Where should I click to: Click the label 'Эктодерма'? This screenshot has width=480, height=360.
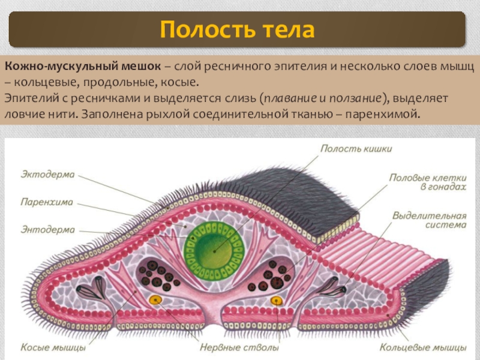pos(47,175)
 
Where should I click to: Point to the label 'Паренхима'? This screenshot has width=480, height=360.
pos(46,202)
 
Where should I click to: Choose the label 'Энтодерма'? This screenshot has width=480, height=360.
pos(47,230)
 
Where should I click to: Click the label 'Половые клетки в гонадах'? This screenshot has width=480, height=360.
pos(427,182)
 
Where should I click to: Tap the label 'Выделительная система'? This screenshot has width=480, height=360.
pos(429,220)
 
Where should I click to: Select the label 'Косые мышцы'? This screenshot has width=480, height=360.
pos(53,347)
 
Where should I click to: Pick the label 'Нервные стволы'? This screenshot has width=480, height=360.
pos(239,347)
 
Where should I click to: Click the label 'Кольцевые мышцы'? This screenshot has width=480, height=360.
pos(424,347)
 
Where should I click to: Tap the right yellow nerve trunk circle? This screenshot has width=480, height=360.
pos(276,300)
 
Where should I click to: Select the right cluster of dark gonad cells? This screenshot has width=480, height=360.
pos(275,275)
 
